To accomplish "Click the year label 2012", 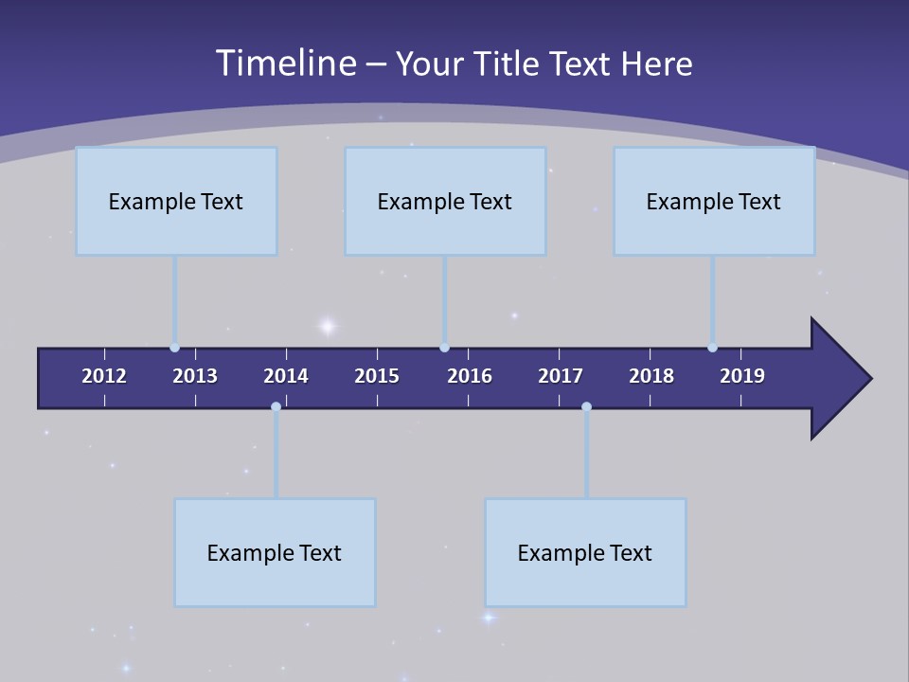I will click(x=104, y=376).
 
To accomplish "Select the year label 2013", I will click(x=195, y=376).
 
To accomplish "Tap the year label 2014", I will click(x=286, y=376).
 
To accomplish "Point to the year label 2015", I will click(x=377, y=376).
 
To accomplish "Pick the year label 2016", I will click(x=470, y=376).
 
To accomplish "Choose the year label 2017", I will click(x=561, y=376).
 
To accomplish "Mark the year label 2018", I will click(x=651, y=376).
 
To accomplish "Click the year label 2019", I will click(x=742, y=376).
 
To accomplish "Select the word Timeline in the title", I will click(x=285, y=63).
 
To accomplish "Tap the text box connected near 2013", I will click(x=176, y=201).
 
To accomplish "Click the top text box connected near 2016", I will click(x=445, y=201).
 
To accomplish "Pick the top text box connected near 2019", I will click(x=714, y=201).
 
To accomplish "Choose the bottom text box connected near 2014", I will click(x=275, y=552).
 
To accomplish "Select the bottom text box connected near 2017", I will click(x=585, y=552).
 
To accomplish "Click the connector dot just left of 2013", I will click(x=174, y=348).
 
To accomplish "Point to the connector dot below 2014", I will click(x=276, y=406).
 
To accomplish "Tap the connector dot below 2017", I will click(x=586, y=406).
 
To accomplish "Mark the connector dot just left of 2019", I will click(x=712, y=348).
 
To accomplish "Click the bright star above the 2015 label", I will click(x=327, y=327).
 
